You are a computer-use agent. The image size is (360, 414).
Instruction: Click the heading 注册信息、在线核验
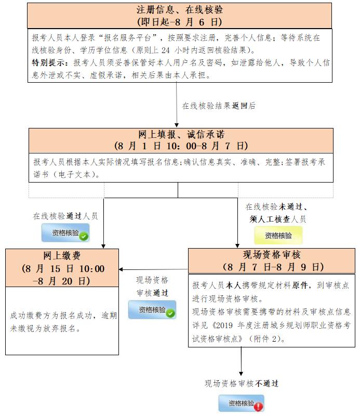pyautogui.click(x=179, y=10)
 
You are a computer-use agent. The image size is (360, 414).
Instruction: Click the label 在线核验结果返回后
pyautogui.click(x=219, y=106)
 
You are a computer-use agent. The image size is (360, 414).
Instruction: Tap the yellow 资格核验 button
pyautogui.click(x=278, y=236)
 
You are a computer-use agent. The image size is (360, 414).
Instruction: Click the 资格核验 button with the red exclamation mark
pyautogui.click(x=241, y=404)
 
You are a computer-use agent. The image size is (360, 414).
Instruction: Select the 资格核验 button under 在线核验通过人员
pyautogui.click(x=65, y=234)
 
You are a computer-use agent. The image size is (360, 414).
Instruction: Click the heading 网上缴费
pyautogui.click(x=62, y=256)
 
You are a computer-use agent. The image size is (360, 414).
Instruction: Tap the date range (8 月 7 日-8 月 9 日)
pyautogui.click(x=274, y=267)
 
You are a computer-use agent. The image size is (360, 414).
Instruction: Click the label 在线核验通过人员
pyautogui.click(x=65, y=216)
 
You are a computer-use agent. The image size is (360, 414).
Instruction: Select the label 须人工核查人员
pyautogui.click(x=278, y=219)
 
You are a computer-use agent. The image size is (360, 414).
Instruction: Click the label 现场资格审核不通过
pyautogui.click(x=241, y=384)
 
